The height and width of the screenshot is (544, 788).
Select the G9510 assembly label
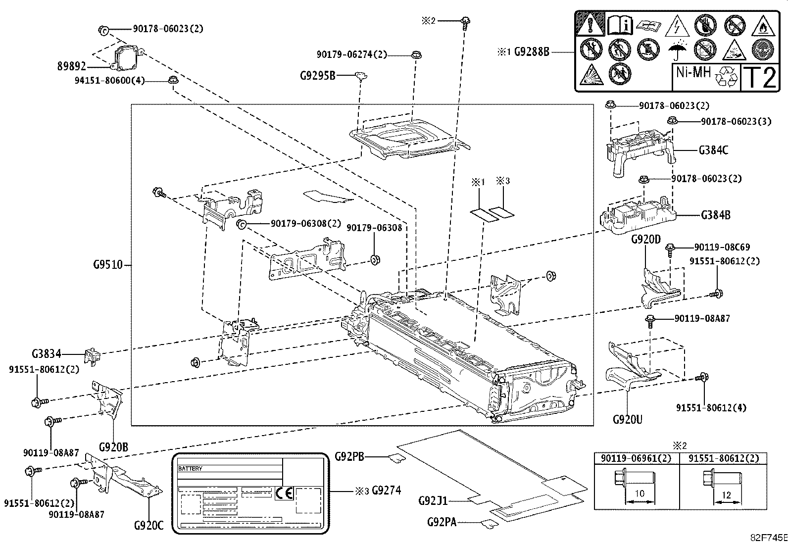[108, 265]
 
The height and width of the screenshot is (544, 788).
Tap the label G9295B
[317, 76]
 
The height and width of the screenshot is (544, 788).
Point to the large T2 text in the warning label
[760, 77]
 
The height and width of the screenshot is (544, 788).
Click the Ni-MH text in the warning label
[693, 72]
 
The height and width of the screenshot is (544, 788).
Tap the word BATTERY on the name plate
[190, 468]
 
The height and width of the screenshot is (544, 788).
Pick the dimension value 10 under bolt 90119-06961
[639, 494]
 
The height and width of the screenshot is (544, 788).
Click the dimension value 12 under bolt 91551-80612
[726, 495]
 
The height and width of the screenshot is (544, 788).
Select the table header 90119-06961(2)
[636, 458]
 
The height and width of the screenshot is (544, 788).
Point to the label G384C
[713, 150]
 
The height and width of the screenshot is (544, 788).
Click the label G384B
[715, 215]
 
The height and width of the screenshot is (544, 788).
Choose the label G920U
[627, 420]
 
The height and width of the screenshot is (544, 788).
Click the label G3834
[47, 354]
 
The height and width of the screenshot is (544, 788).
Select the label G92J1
[433, 500]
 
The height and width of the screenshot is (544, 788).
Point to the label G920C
[148, 525]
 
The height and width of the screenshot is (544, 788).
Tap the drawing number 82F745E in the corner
[768, 538]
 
